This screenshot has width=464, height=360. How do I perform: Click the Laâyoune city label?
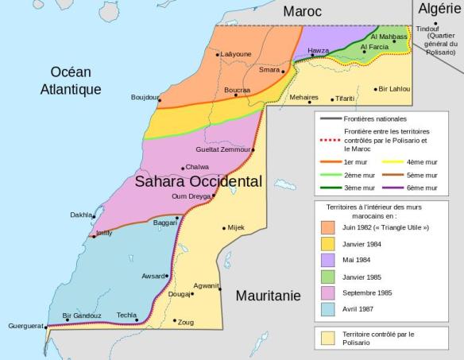[236, 55]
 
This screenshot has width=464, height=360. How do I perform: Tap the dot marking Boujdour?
[159, 100]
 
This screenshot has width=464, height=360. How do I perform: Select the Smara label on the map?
[269, 70]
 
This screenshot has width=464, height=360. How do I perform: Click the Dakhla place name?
[80, 215]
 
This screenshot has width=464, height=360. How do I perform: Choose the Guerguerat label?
[25, 326]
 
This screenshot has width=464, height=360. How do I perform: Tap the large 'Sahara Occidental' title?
[199, 181]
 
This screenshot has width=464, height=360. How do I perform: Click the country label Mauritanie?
[268, 296]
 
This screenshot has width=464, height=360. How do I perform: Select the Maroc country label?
[302, 11]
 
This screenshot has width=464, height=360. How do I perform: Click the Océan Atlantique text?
[71, 80]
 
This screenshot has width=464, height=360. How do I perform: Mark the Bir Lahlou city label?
[393, 89]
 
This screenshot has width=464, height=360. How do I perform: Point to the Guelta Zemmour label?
[222, 149]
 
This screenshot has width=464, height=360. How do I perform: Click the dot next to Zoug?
[175, 321]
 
